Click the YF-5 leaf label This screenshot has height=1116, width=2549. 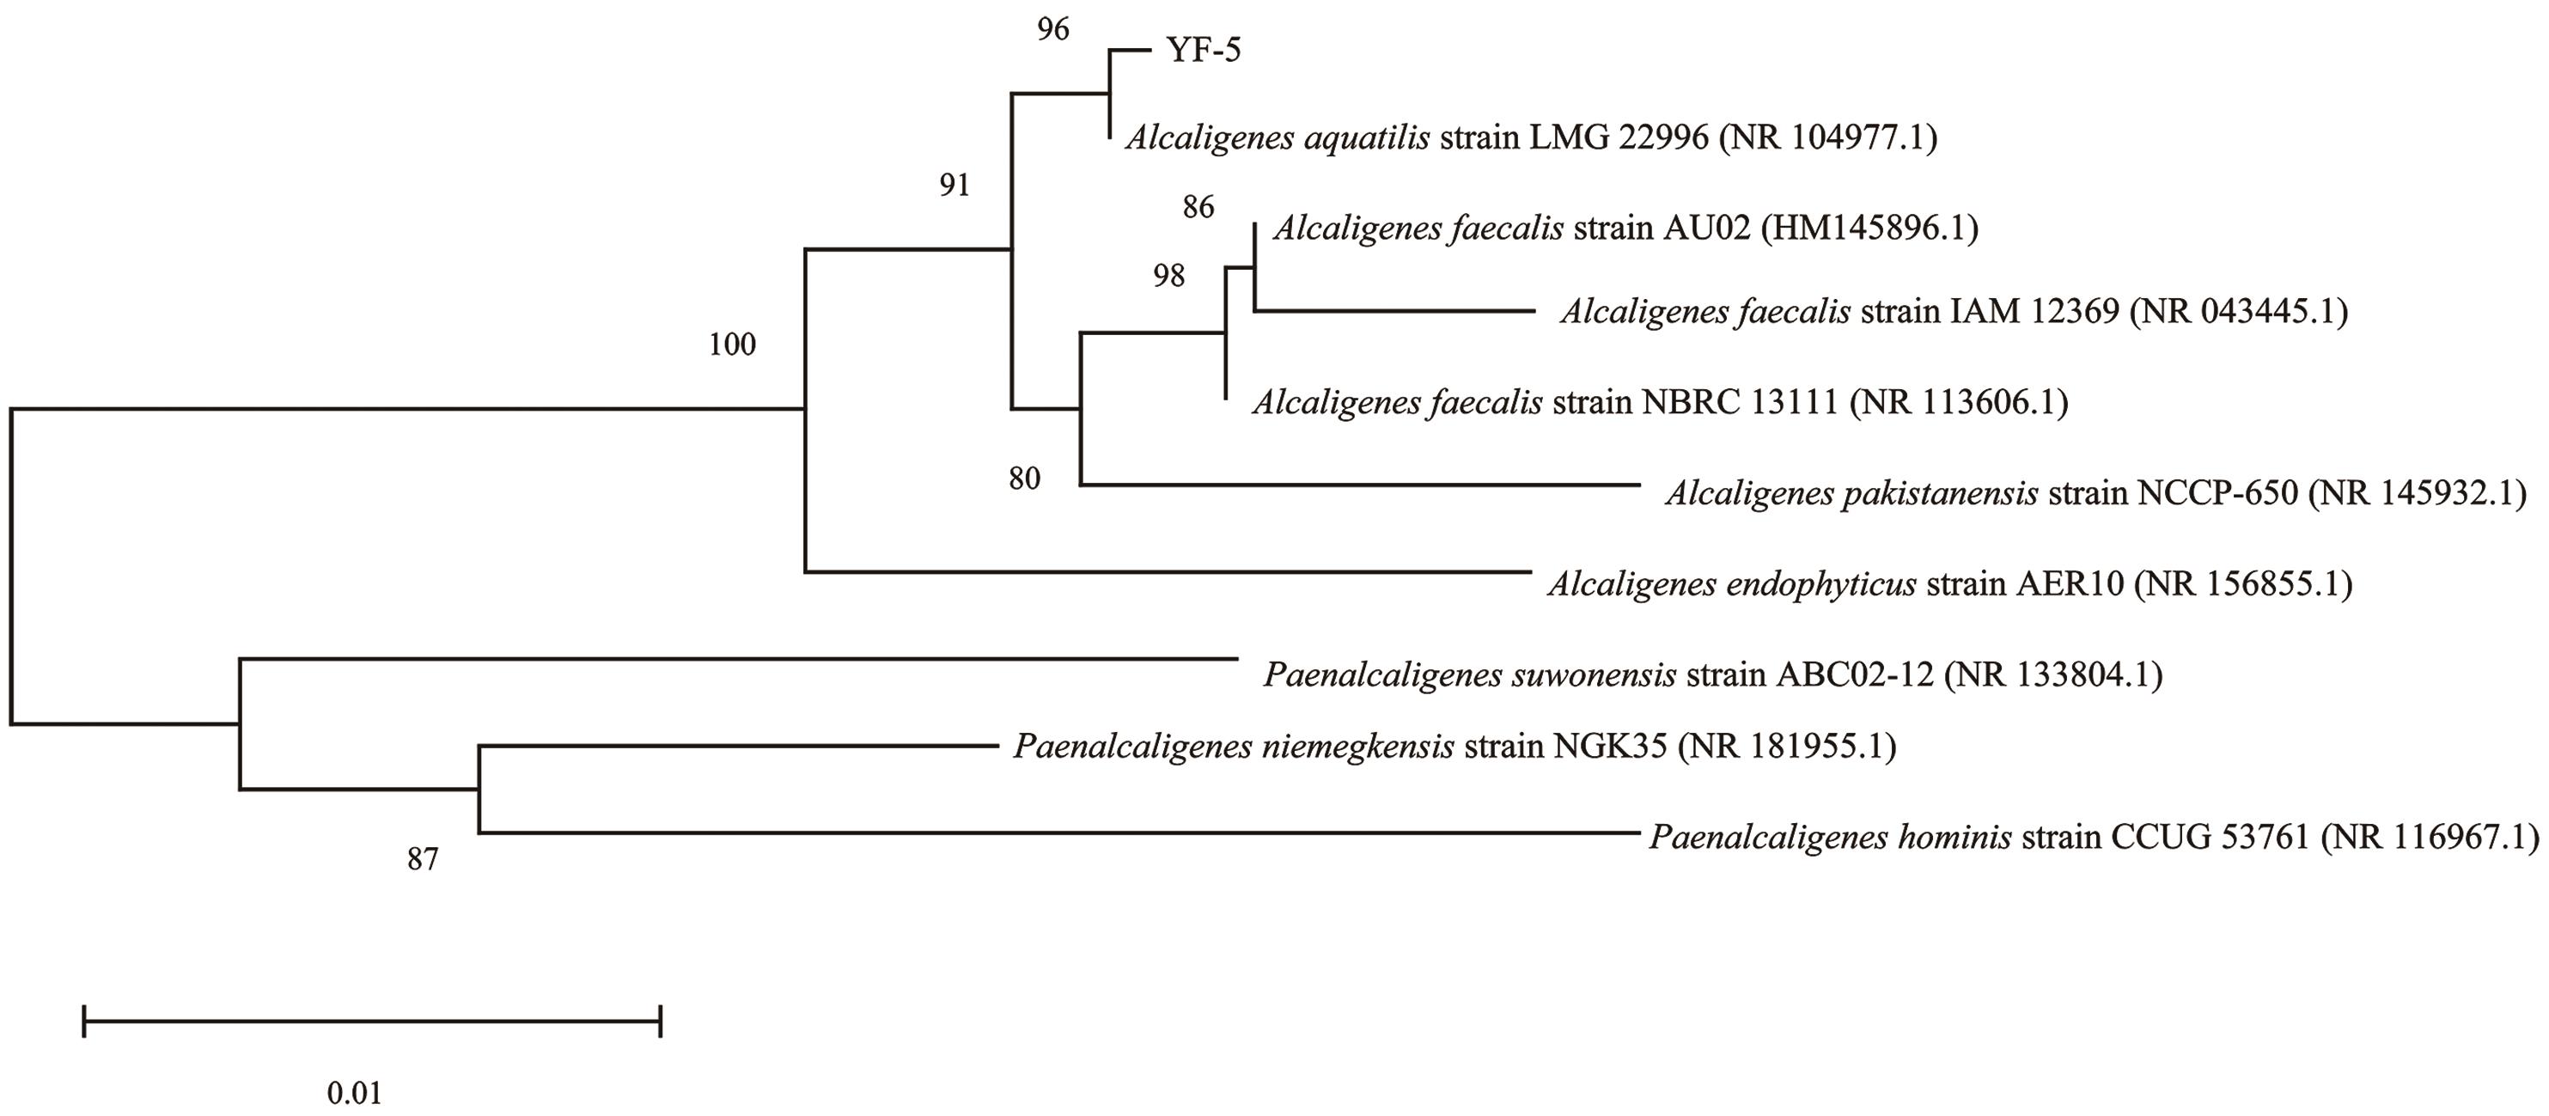point(1204,50)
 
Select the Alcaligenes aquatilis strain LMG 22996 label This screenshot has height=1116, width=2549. point(1531,137)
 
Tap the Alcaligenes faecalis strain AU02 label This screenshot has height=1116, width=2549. point(1625,229)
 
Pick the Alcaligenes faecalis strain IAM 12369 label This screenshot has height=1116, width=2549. point(1954,312)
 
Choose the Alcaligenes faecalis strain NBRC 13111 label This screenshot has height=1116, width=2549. point(1660,402)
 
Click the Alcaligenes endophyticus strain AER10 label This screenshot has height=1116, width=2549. point(1949,583)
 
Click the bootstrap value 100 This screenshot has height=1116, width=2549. point(732,345)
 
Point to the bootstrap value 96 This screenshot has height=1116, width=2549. point(1053,30)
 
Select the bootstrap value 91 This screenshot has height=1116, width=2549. point(954,185)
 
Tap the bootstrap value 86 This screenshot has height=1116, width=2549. point(1198,207)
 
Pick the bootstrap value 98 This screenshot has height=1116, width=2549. point(1168,276)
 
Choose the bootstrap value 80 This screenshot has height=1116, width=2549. point(1025,479)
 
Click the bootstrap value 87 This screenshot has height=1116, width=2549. point(423,860)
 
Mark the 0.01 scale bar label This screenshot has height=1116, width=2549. point(354,1094)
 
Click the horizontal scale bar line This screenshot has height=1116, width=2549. point(372,1020)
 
